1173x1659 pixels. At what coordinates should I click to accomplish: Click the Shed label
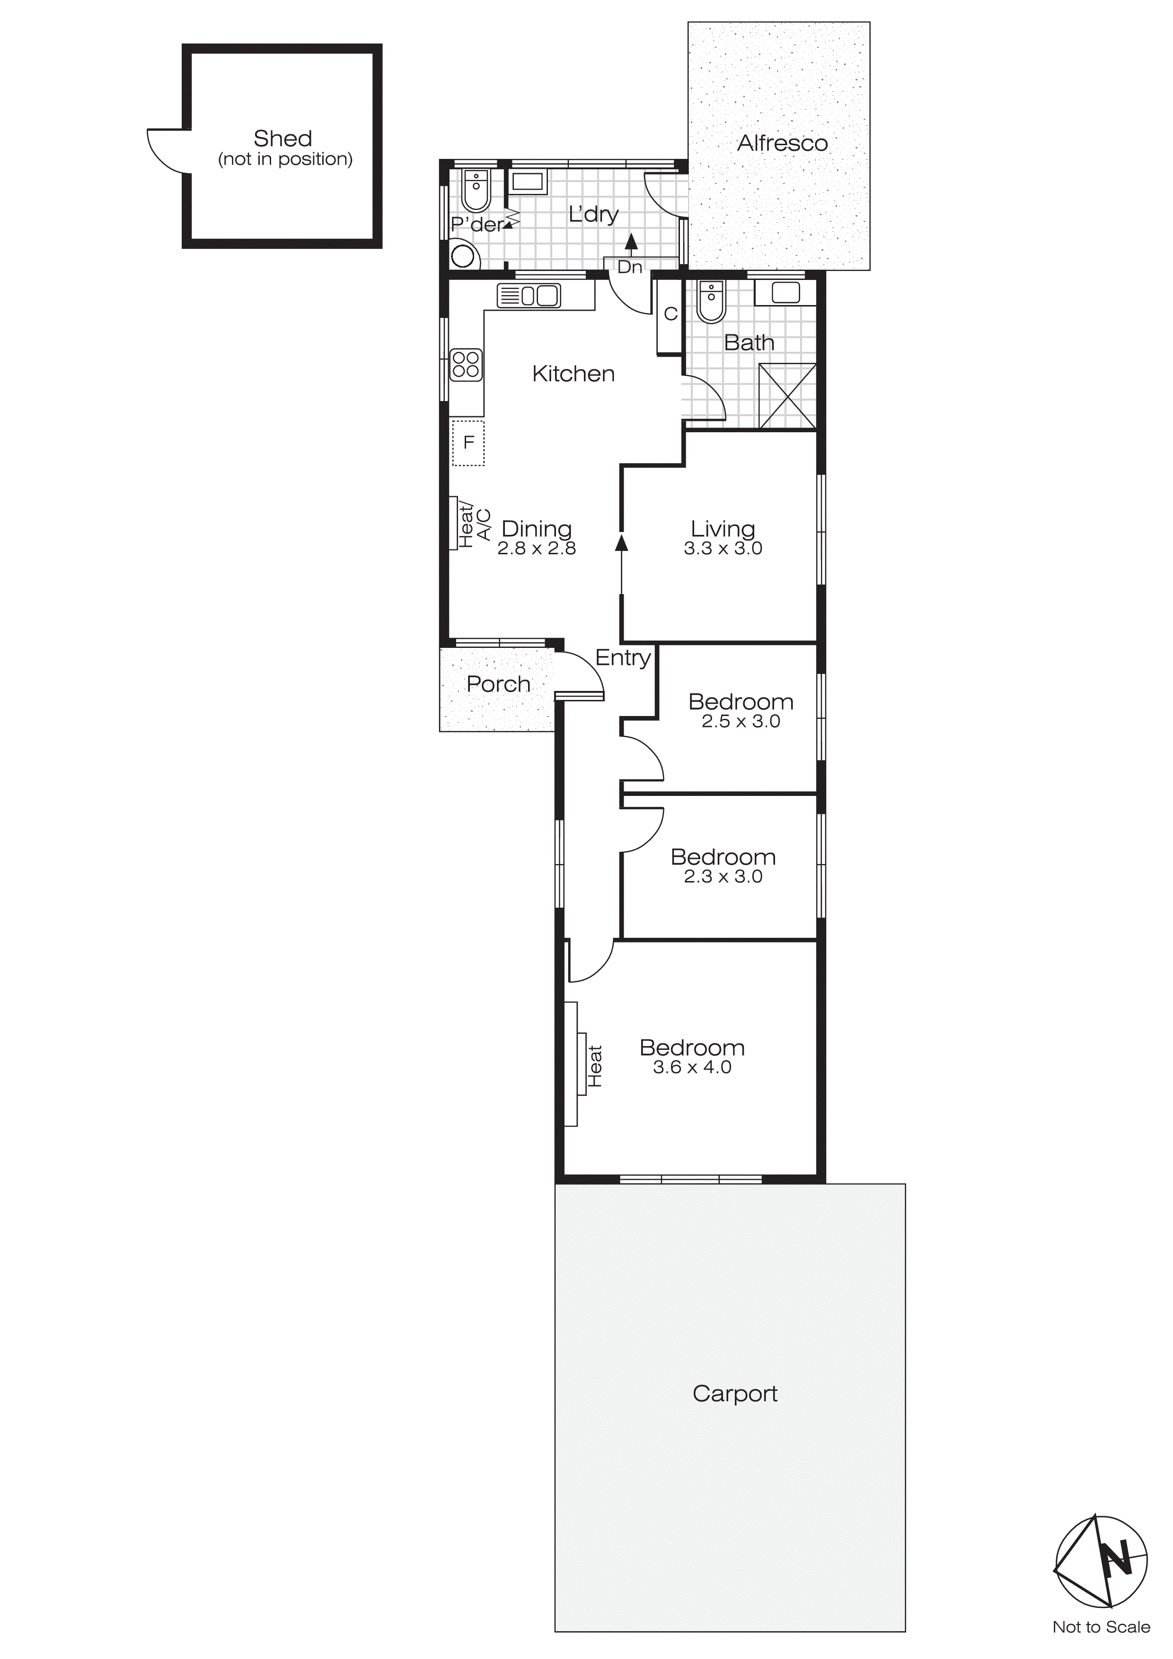pyautogui.click(x=282, y=139)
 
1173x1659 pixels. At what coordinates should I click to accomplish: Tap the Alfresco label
pyautogui.click(x=782, y=143)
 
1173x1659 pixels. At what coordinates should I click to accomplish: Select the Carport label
pyautogui.click(x=734, y=1393)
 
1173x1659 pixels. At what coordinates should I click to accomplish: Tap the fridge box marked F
pyautogui.click(x=468, y=442)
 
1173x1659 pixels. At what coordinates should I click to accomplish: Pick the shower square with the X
pyautogui.click(x=787, y=397)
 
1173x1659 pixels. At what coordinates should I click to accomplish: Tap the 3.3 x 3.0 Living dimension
pyautogui.click(x=723, y=549)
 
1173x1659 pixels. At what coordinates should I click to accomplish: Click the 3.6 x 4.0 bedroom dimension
pyautogui.click(x=692, y=1067)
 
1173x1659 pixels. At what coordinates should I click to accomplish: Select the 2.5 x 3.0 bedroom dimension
pyautogui.click(x=741, y=721)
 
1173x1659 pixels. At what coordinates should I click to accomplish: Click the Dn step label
pyautogui.click(x=629, y=267)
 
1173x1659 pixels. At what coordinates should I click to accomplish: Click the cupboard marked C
pyautogui.click(x=670, y=314)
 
